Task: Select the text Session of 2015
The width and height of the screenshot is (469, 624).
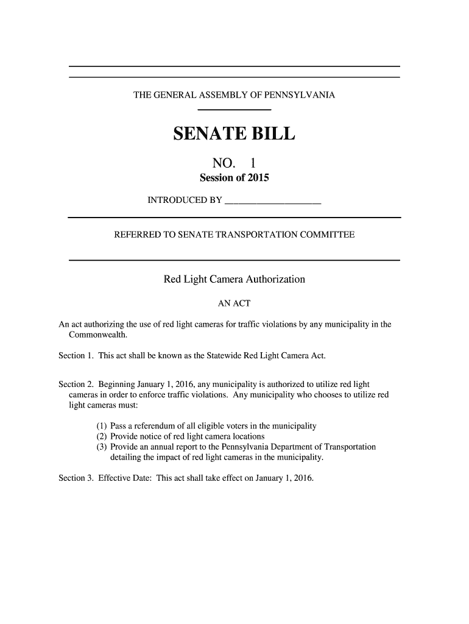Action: pyautogui.click(x=234, y=179)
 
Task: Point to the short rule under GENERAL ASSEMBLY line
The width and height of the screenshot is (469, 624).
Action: pyautogui.click(x=234, y=110)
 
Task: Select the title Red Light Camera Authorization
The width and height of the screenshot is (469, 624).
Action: pyautogui.click(x=234, y=280)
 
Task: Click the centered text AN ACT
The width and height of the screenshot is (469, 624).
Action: pyautogui.click(x=234, y=303)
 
